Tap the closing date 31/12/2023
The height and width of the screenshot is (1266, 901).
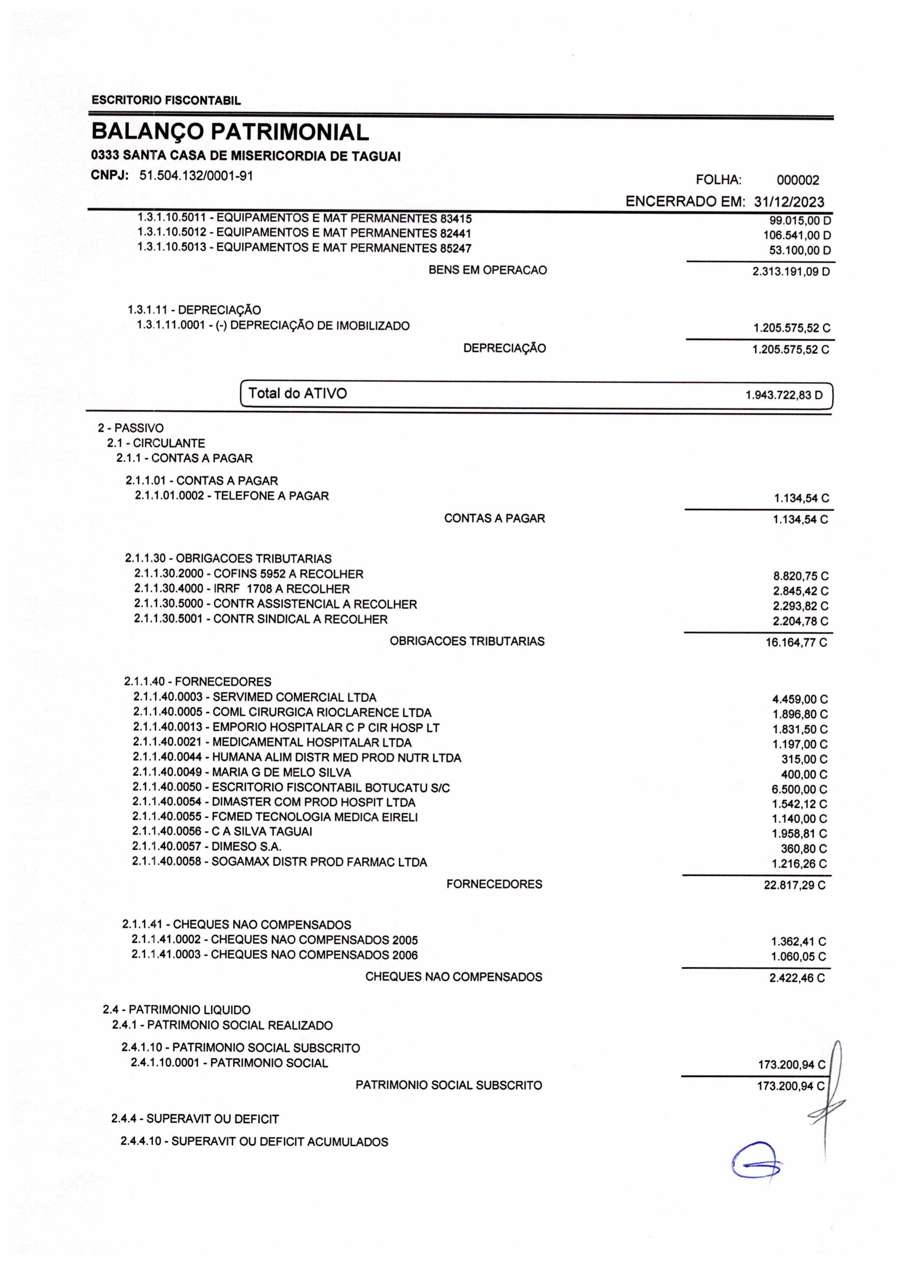(x=789, y=202)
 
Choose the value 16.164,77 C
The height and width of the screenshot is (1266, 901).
(x=796, y=642)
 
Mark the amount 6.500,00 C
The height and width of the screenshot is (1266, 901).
(x=800, y=790)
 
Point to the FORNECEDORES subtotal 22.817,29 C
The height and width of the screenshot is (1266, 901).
(x=795, y=885)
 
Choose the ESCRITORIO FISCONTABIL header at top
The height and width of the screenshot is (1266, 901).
(x=166, y=100)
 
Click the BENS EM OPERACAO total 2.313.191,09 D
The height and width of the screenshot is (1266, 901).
(x=791, y=272)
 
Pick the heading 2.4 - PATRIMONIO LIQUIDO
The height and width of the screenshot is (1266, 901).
(x=177, y=1010)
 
